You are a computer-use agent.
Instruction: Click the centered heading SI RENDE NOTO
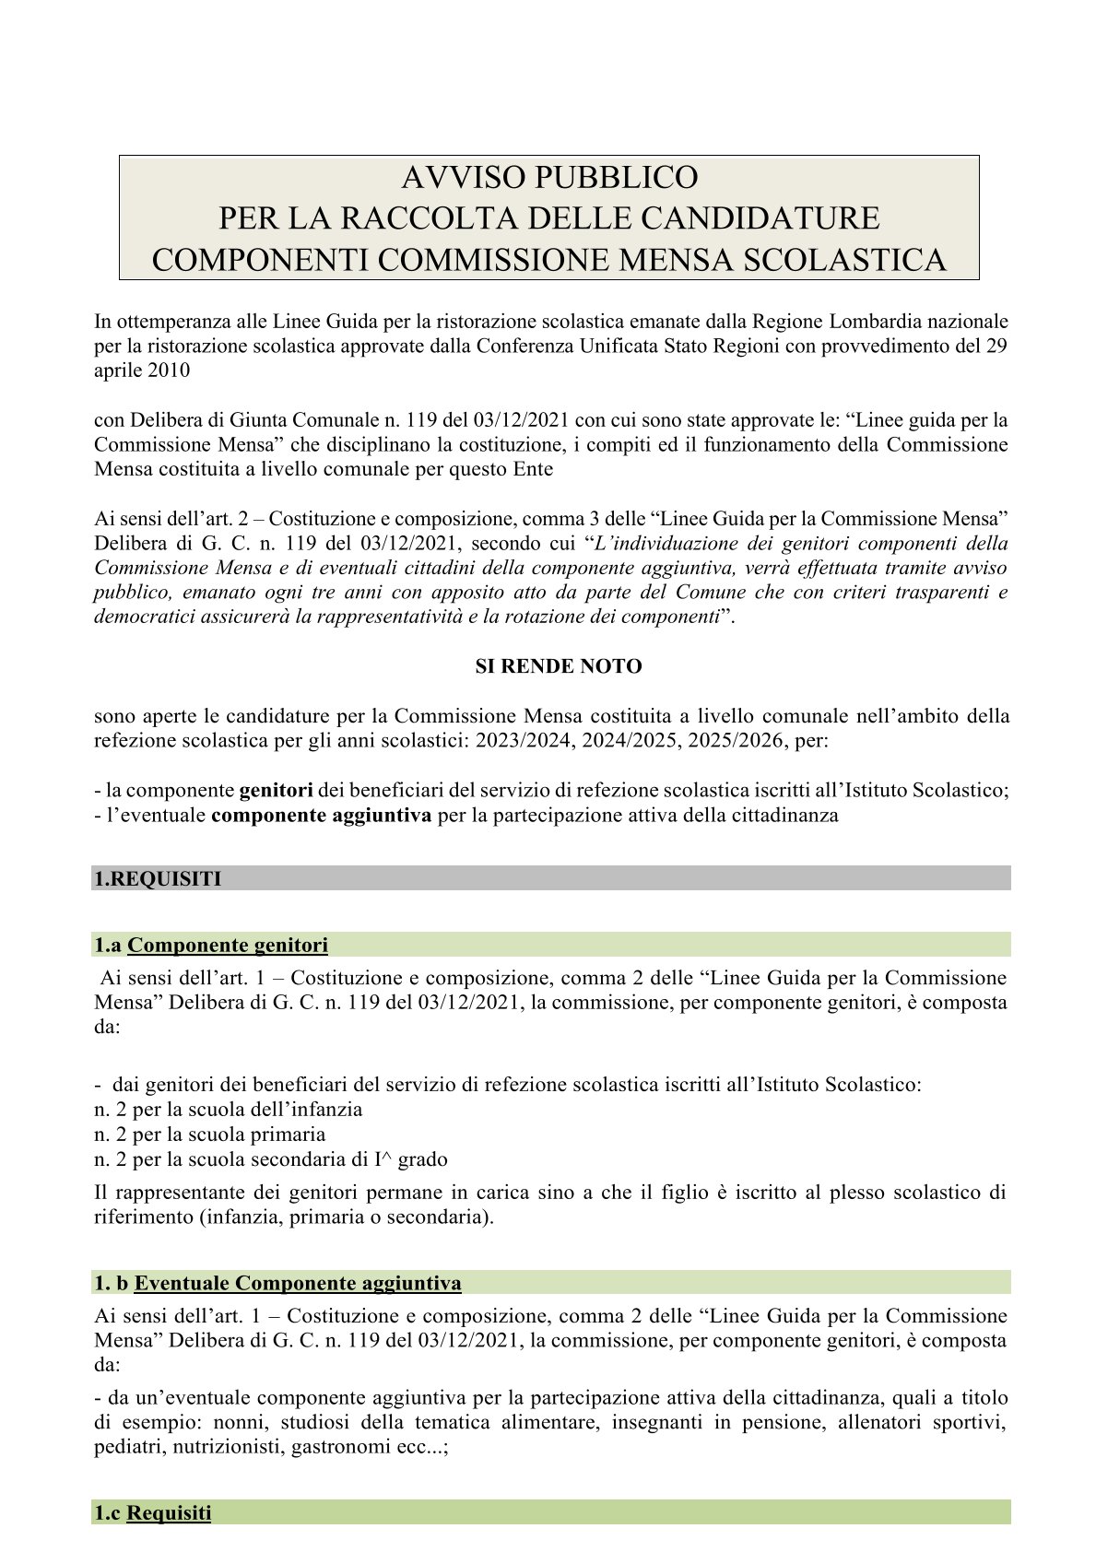559,666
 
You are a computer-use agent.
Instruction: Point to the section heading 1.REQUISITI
159,879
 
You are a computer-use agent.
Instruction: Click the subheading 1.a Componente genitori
211,945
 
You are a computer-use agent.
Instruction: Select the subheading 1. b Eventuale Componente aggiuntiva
277,1283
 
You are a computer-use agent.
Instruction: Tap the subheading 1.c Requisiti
153,1513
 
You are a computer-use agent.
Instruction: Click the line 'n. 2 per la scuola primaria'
210,1135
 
